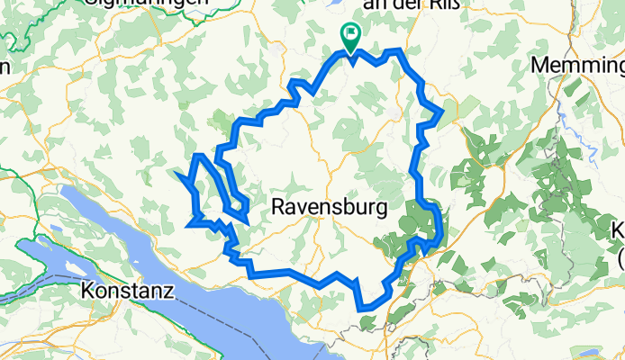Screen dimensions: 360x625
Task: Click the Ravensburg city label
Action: [329, 208]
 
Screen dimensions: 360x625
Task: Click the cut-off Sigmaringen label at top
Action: [149, 4]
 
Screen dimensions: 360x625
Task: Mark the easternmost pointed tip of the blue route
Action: [442, 112]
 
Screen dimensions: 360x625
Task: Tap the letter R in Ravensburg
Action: [278, 208]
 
